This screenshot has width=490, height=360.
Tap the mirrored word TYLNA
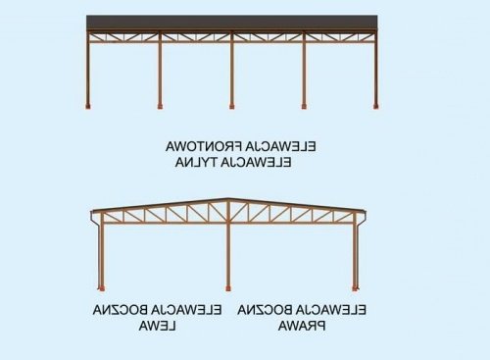pyautogui.click(x=195, y=162)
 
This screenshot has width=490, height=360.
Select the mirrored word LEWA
pyautogui.click(x=158, y=326)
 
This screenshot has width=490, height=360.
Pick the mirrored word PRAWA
pyautogui.click(x=302, y=326)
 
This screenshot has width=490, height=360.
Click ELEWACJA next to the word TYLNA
pyautogui.click(x=256, y=162)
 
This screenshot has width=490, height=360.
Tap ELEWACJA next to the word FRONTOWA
pyautogui.click(x=280, y=146)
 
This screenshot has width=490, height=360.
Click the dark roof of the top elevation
pyautogui.click(x=232, y=23)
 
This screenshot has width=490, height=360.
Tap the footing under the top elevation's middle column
pyautogui.click(x=232, y=107)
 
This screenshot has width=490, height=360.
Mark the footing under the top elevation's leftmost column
pyautogui.click(x=88, y=107)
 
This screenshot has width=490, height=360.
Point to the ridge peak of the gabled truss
pyautogui.click(x=228, y=198)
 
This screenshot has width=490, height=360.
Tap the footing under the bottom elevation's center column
pyautogui.click(x=228, y=288)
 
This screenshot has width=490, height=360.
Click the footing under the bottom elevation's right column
pyautogui.click(x=355, y=288)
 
